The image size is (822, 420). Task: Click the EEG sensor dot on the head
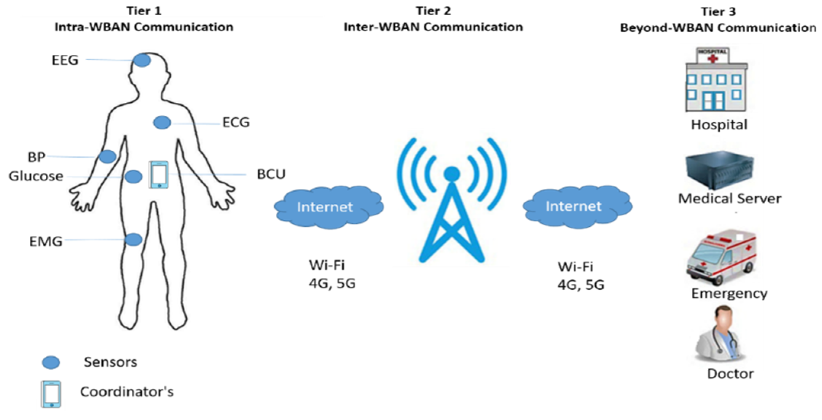click(142, 60)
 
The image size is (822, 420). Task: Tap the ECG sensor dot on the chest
click(162, 123)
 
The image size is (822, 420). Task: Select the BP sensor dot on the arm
click(107, 156)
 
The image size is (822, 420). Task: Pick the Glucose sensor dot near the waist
click(133, 177)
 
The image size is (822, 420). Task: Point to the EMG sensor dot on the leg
click(133, 240)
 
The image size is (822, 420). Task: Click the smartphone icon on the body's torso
click(159, 175)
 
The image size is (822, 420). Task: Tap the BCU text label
click(271, 174)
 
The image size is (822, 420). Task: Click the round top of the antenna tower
click(452, 173)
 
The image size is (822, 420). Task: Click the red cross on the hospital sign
click(713, 58)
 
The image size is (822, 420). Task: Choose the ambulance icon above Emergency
click(721, 257)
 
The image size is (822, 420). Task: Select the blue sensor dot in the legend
click(51, 363)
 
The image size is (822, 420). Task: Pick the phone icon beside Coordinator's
click(51, 394)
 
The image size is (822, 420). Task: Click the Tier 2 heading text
click(433, 11)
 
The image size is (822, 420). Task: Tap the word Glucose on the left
click(36, 176)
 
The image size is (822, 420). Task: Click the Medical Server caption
click(729, 199)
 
